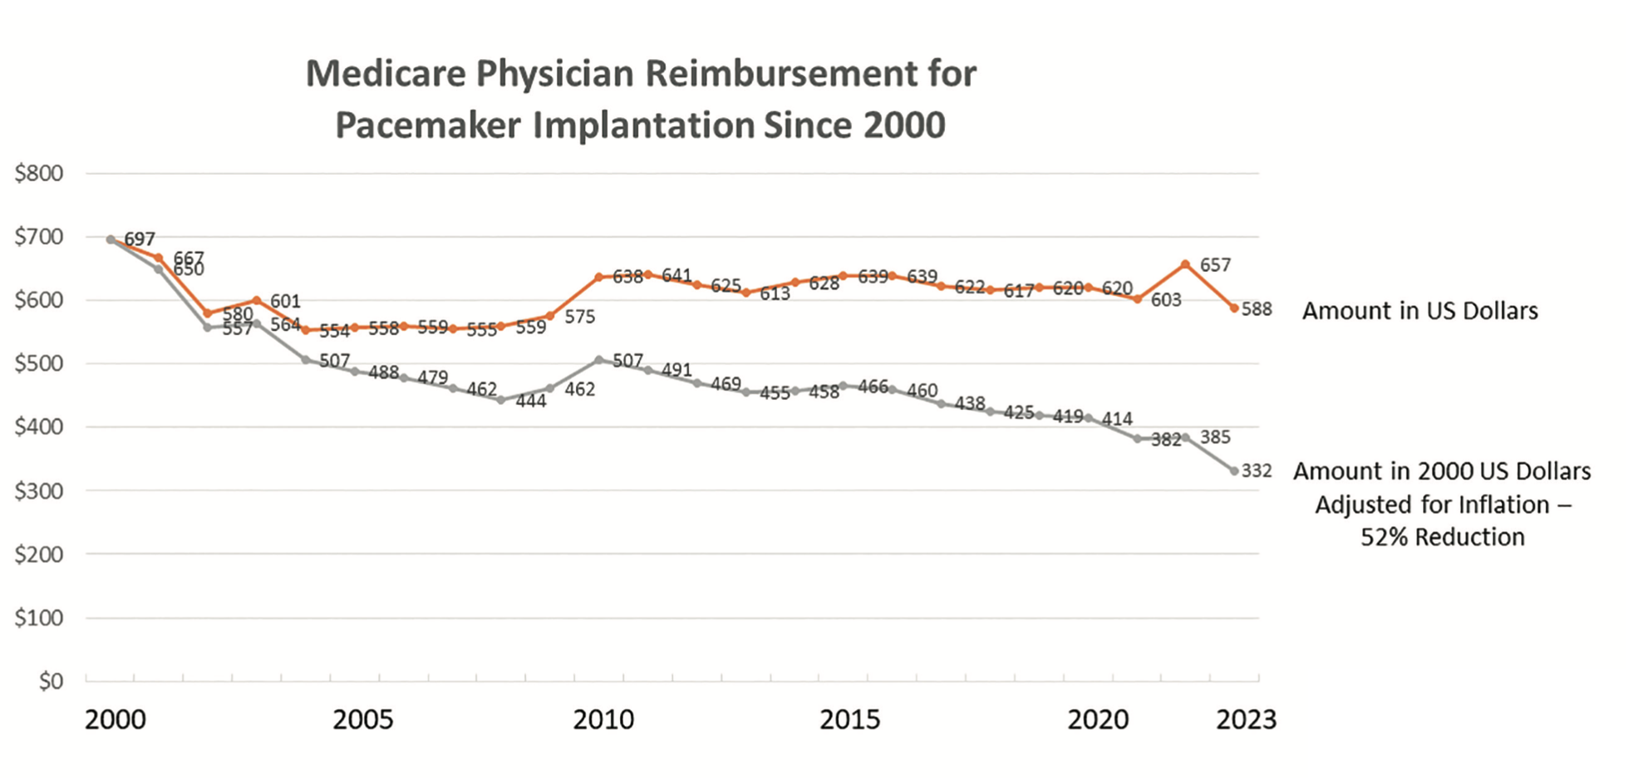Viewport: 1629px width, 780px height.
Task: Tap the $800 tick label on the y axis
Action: click(39, 173)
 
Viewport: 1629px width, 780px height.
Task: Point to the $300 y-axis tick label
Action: click(39, 491)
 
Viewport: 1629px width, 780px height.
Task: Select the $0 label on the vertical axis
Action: click(51, 681)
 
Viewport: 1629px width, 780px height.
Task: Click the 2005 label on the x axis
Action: click(363, 719)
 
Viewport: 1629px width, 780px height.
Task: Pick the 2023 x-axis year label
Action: click(1246, 719)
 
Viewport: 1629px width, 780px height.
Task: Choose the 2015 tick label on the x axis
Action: click(849, 719)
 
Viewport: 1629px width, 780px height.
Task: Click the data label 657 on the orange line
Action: click(1215, 265)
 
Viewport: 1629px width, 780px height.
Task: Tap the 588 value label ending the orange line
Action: click(1257, 309)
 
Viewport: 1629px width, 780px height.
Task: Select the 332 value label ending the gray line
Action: click(1257, 471)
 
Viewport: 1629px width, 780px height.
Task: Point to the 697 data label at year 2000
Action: click(140, 239)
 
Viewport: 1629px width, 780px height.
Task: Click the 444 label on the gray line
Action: click(531, 402)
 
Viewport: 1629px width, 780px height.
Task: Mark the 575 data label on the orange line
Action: click(580, 317)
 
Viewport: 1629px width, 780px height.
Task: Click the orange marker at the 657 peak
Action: click(1185, 264)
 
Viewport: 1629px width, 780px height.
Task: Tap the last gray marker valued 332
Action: click(1234, 471)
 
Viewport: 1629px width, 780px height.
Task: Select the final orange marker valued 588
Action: click(1234, 308)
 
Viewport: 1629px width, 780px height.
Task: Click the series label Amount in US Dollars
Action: click(1420, 311)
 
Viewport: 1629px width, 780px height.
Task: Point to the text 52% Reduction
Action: click(1443, 537)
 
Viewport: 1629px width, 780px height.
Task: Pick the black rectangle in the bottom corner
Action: click(1468, 723)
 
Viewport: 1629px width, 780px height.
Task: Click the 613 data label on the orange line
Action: click(775, 294)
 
